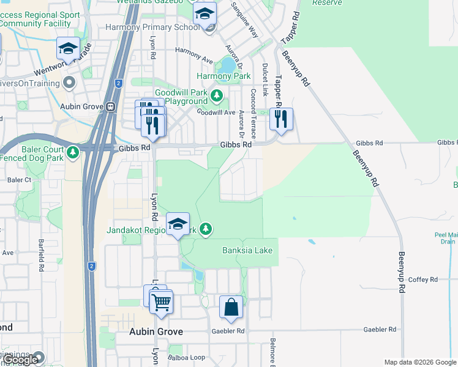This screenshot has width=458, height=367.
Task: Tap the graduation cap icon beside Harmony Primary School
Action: click(x=205, y=13)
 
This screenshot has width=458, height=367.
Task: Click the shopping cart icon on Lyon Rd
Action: click(x=161, y=302)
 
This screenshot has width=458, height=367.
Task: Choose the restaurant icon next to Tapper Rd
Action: click(x=280, y=119)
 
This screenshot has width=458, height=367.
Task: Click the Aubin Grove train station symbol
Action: click(x=111, y=106)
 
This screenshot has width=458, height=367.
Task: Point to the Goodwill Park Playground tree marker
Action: click(x=216, y=95)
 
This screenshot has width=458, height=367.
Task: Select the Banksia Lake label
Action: click(x=247, y=250)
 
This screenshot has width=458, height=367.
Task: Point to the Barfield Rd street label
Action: click(x=41, y=255)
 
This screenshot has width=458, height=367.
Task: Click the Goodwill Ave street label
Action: click(x=216, y=113)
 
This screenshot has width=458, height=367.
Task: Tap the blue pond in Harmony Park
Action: click(x=228, y=64)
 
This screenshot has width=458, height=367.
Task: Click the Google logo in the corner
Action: click(x=20, y=360)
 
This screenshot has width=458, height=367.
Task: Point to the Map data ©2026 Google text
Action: click(x=419, y=362)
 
